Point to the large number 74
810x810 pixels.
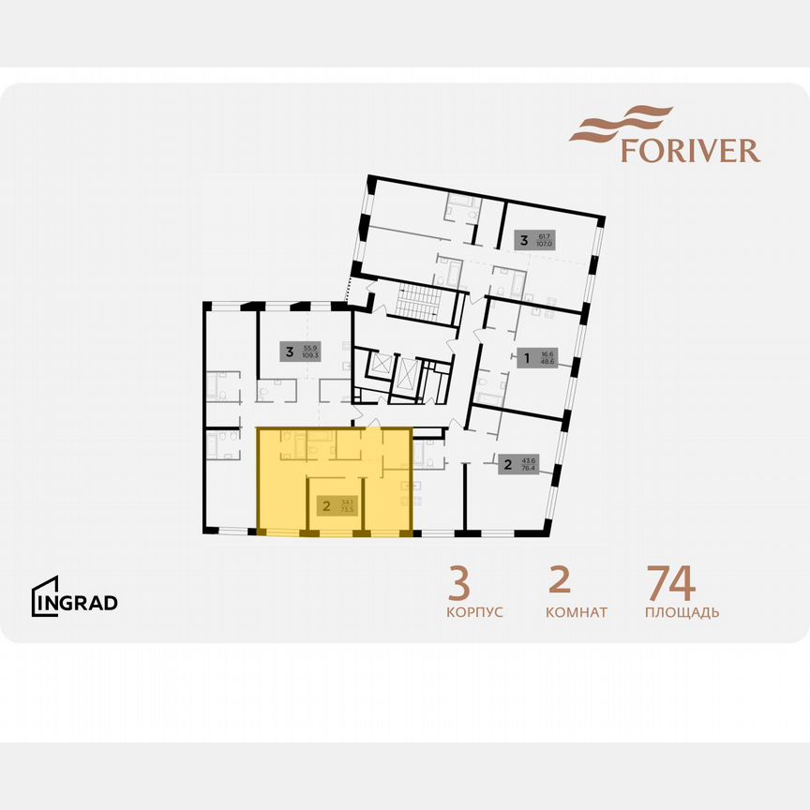[670, 583]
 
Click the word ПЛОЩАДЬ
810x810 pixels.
[682, 612]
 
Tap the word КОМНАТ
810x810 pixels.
[577, 612]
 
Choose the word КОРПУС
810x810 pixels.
[474, 612]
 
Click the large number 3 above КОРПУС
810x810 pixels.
[458, 583]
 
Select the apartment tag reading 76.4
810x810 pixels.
[519, 464]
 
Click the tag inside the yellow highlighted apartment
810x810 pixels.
[337, 507]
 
